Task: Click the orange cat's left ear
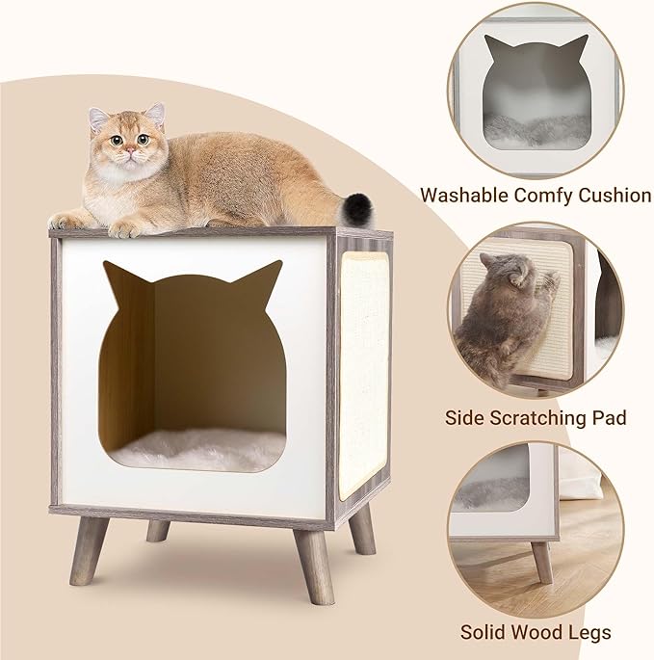[x=98, y=120]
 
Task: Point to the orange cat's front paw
[x=126, y=228]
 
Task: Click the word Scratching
[x=540, y=419]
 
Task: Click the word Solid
[x=482, y=633]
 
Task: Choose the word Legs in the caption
[x=589, y=633]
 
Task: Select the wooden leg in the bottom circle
[x=541, y=561]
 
